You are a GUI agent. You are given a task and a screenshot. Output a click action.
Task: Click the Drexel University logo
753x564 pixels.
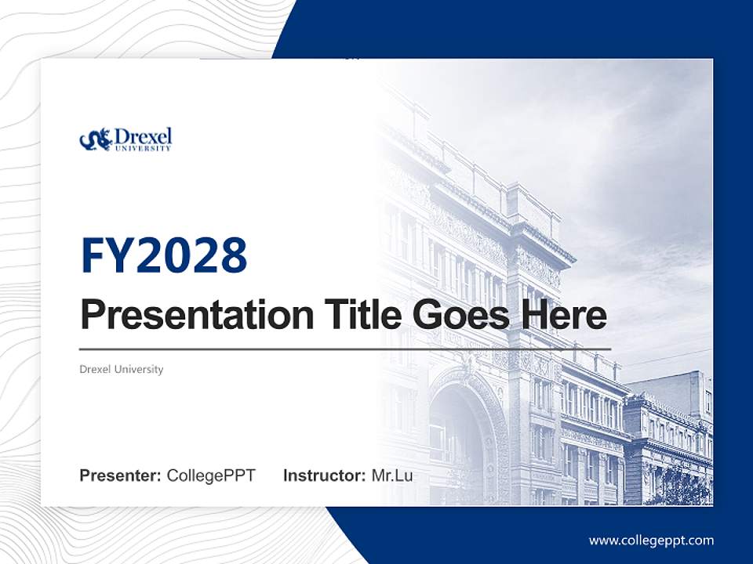coord(125,139)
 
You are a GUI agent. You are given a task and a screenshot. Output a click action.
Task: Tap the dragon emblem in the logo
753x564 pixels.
coord(95,140)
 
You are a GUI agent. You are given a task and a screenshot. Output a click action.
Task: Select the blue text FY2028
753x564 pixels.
coord(164,255)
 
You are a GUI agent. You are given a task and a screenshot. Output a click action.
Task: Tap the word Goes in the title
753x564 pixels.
coord(460,316)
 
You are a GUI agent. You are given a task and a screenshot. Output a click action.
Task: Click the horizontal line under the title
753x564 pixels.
coord(345,349)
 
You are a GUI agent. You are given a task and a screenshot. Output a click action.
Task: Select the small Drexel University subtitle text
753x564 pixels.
coord(122,369)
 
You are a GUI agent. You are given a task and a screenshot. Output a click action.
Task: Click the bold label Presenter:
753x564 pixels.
coord(121,475)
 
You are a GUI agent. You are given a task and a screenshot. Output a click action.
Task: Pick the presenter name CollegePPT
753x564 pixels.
coord(211,475)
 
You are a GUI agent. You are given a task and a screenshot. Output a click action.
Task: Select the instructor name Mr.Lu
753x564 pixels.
coord(391,475)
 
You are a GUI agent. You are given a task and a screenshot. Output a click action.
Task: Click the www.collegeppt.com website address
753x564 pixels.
coord(651,540)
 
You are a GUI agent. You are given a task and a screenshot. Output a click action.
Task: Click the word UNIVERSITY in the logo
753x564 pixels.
coord(142,147)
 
